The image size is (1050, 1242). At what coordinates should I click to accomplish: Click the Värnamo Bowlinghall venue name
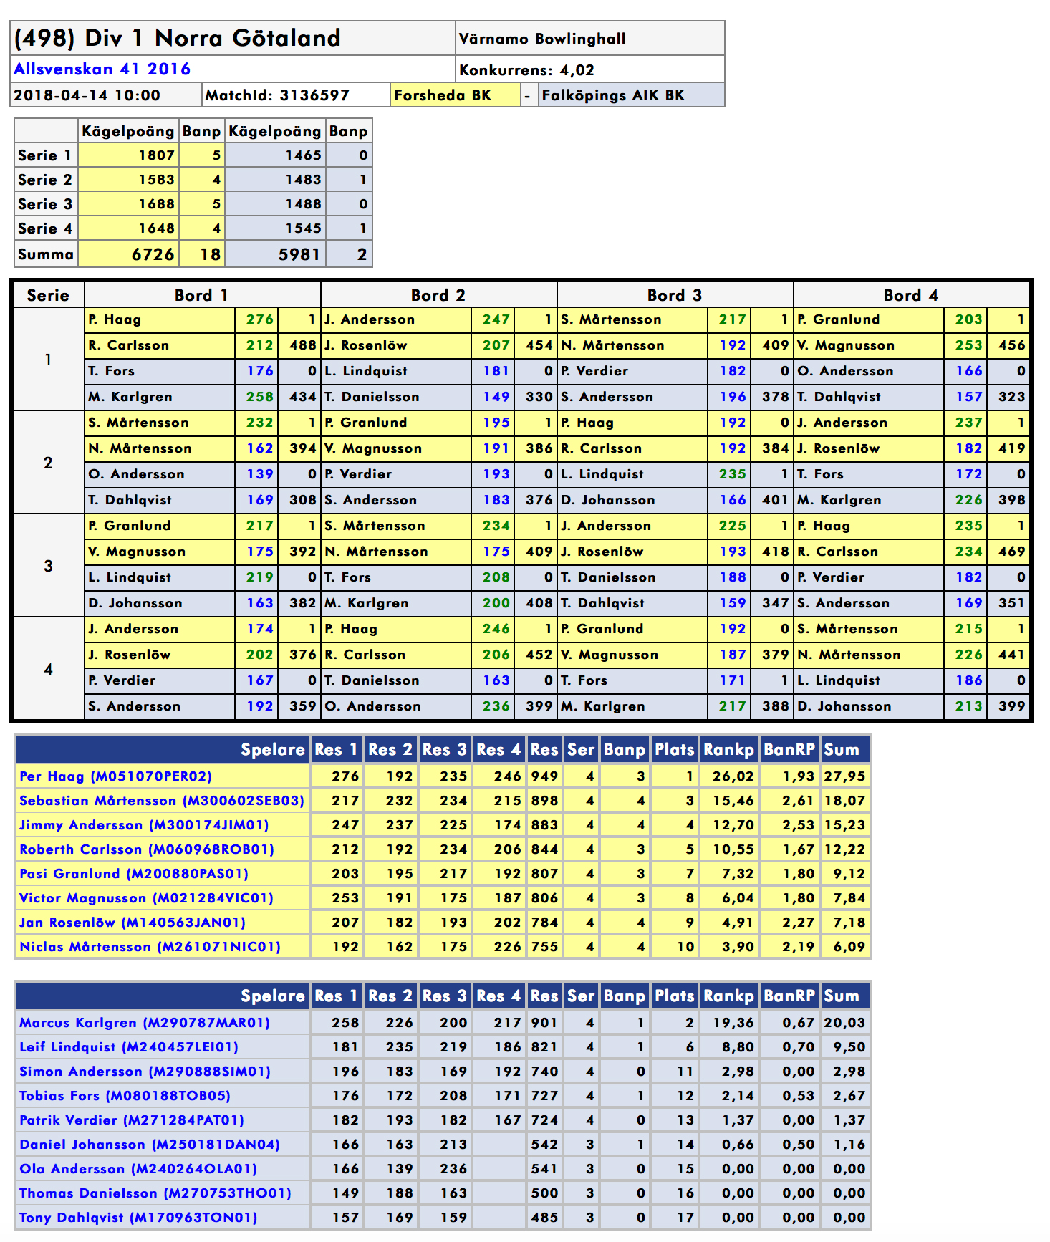click(542, 39)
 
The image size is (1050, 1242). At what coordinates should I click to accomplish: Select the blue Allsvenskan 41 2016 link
click(102, 69)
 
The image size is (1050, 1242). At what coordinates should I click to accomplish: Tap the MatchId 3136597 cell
click(277, 95)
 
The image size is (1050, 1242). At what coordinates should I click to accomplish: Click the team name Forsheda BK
click(443, 95)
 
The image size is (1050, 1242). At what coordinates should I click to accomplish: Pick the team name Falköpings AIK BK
click(613, 95)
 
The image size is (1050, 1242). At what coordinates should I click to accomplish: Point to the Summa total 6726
click(153, 254)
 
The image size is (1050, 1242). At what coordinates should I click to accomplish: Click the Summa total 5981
click(299, 254)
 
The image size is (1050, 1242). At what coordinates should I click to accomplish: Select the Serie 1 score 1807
click(156, 155)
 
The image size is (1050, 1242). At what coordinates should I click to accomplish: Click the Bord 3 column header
click(675, 295)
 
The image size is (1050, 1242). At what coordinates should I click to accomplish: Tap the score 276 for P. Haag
click(259, 319)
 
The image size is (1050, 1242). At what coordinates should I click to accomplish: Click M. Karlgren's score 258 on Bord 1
click(259, 397)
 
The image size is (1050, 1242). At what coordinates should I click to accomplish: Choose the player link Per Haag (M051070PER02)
click(115, 776)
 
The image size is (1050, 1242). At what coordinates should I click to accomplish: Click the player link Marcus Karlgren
click(145, 1023)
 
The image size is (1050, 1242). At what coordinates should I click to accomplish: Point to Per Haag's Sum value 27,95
click(844, 776)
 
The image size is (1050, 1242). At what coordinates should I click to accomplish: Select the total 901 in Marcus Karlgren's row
click(544, 1023)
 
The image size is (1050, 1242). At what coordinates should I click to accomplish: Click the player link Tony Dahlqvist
click(138, 1218)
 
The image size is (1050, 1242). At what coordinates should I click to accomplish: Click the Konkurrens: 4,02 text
click(526, 70)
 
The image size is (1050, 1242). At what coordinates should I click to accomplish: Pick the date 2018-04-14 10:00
click(87, 95)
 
